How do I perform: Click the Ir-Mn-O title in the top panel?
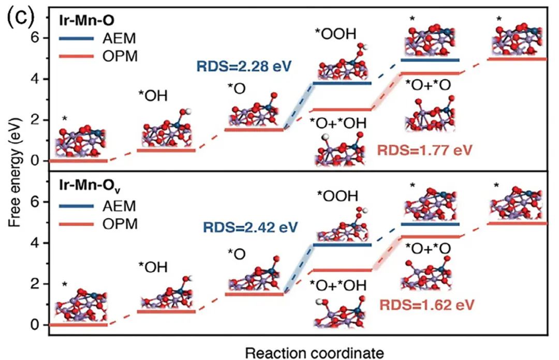[87, 21]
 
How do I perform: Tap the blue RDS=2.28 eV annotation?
[244, 66]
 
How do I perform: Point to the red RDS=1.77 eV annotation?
[424, 150]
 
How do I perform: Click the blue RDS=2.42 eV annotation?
[250, 227]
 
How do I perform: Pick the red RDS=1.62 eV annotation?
[426, 305]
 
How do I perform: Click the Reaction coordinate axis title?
[315, 354]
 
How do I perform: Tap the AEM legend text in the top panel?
[119, 38]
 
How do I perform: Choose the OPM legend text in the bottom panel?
[120, 224]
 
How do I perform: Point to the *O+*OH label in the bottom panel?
[338, 285]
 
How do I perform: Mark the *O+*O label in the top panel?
[428, 85]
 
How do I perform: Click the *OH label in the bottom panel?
[153, 267]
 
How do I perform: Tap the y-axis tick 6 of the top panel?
[35, 38]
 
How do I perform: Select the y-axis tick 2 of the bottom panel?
[35, 284]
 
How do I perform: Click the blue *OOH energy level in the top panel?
[342, 83]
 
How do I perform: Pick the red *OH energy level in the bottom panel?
[167, 311]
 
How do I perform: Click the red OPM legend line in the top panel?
[76, 56]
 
